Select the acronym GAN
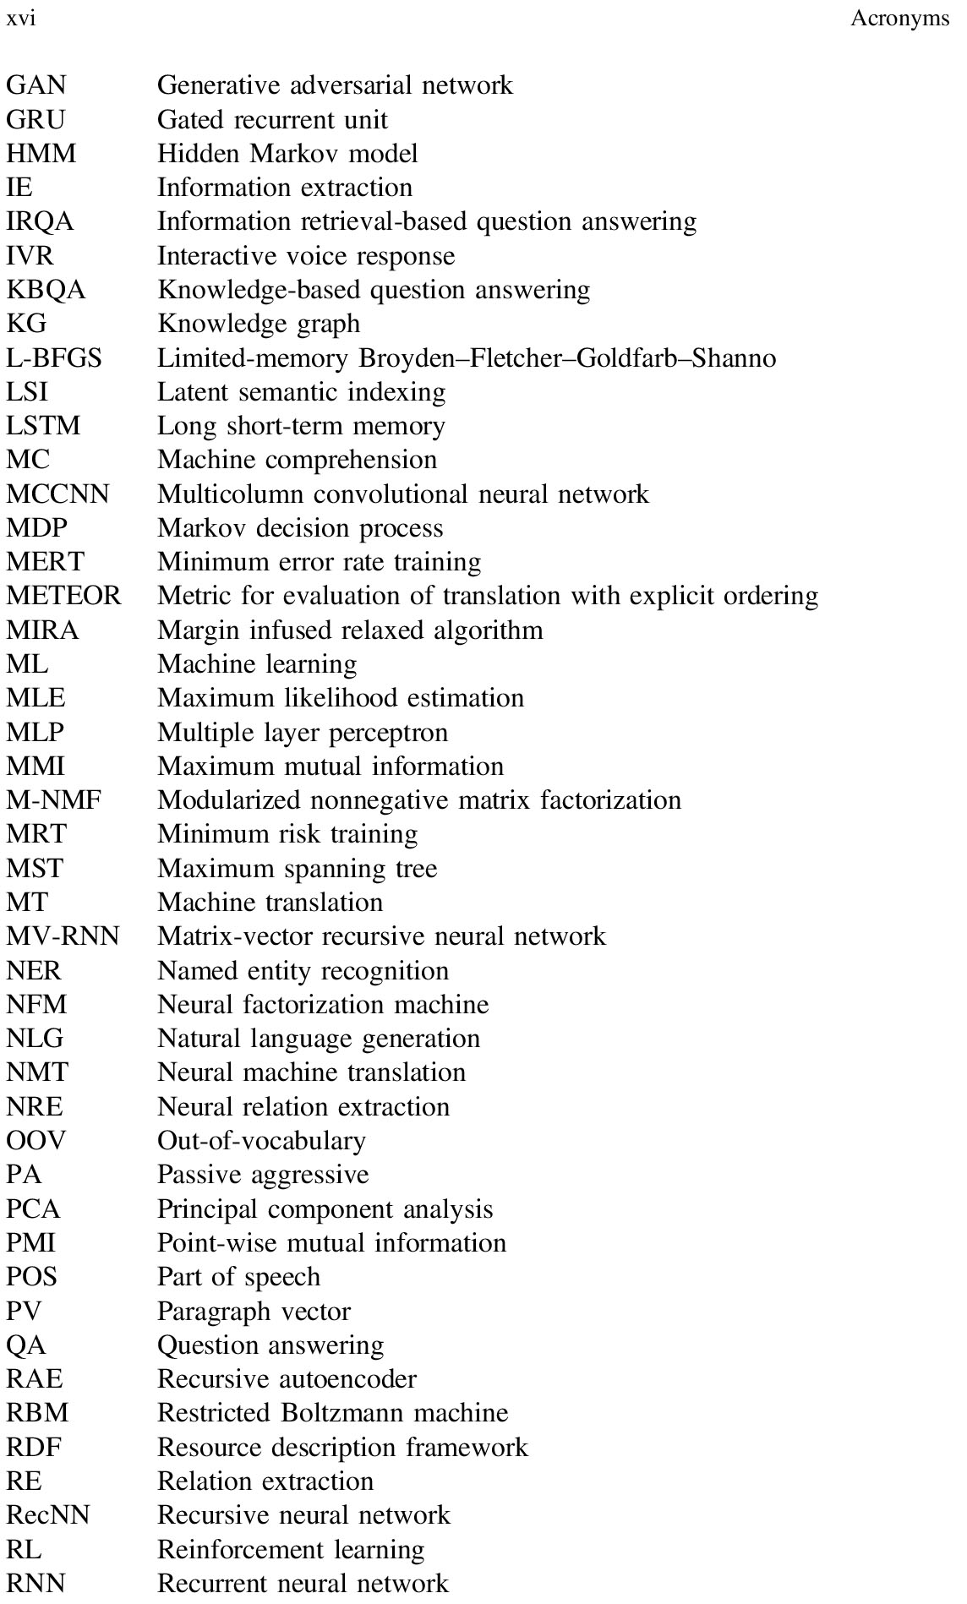pyautogui.click(x=36, y=85)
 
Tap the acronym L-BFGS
pyautogui.click(x=54, y=358)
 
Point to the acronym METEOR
pyautogui.click(x=64, y=596)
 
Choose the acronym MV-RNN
pyautogui.click(x=63, y=936)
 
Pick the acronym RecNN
pyautogui.click(x=48, y=1515)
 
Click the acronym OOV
pyautogui.click(x=36, y=1141)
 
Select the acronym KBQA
pyautogui.click(x=46, y=290)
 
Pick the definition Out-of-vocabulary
pyautogui.click(x=261, y=1141)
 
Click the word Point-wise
pyautogui.click(x=208, y=1243)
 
